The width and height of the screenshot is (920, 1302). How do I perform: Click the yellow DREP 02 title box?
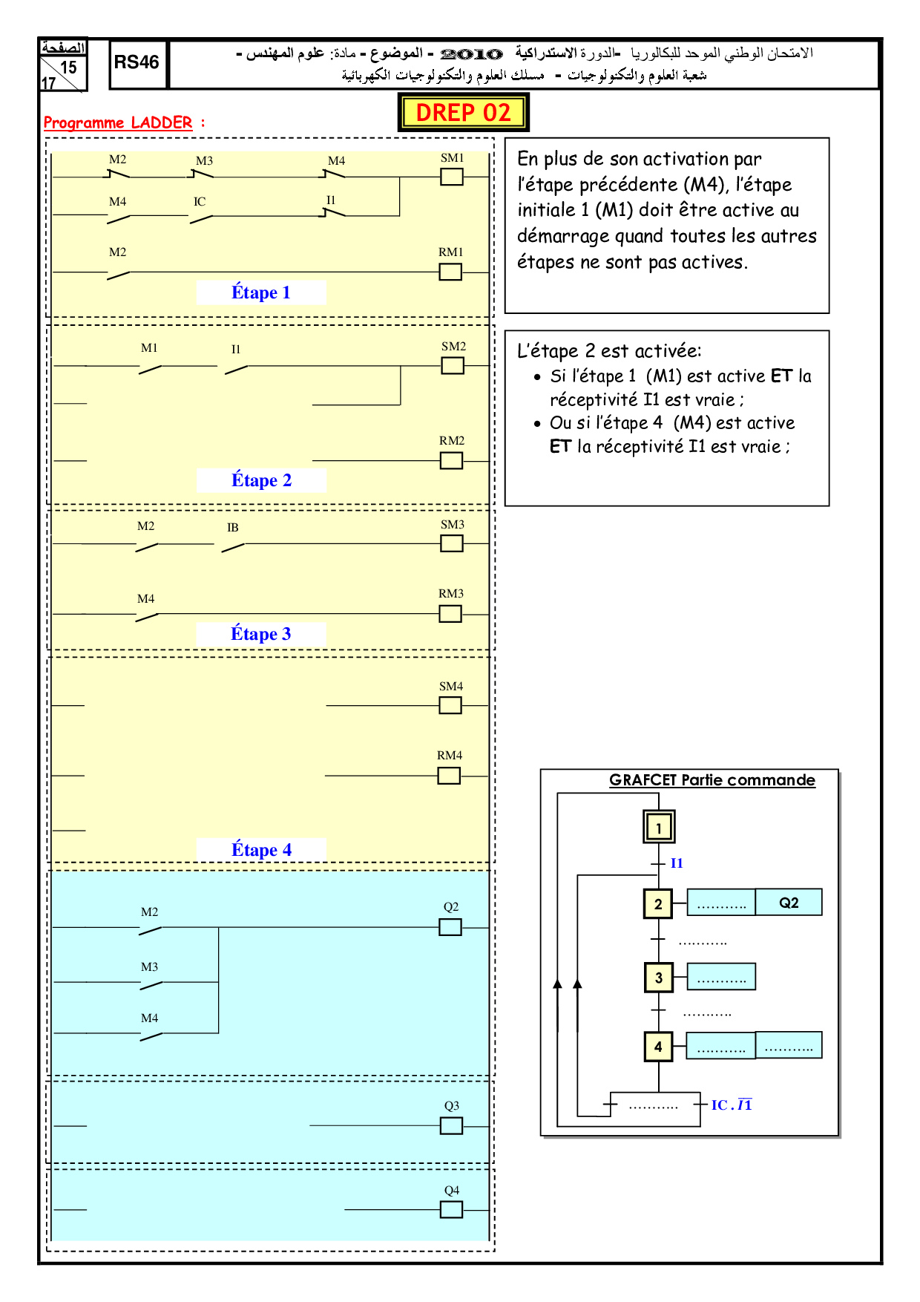click(x=463, y=113)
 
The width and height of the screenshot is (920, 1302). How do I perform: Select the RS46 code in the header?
click(x=137, y=62)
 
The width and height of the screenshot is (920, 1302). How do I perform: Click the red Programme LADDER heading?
click(x=118, y=122)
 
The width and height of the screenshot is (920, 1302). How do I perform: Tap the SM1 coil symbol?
click(x=452, y=177)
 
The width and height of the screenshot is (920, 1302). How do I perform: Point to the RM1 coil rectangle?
click(x=450, y=272)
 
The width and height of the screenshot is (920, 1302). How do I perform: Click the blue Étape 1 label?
click(x=260, y=292)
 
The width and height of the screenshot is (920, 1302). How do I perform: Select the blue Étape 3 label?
click(x=260, y=634)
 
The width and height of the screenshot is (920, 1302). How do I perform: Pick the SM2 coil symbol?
click(x=453, y=366)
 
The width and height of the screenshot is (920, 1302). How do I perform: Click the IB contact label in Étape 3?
click(x=232, y=528)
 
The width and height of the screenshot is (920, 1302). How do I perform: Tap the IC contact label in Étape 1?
click(x=200, y=202)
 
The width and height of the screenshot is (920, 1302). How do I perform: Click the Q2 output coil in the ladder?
click(x=450, y=927)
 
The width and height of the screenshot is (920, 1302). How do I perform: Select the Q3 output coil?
click(x=451, y=1126)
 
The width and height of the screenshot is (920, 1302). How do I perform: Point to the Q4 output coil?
click(x=451, y=1210)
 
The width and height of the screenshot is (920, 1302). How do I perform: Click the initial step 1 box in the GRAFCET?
click(x=658, y=827)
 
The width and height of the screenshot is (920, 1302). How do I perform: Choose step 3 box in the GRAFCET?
click(x=658, y=978)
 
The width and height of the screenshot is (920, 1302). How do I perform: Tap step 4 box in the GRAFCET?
click(x=658, y=1047)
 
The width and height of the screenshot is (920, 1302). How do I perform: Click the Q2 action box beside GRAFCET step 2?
click(x=789, y=903)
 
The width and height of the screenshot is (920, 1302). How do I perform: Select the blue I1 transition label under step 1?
click(x=677, y=863)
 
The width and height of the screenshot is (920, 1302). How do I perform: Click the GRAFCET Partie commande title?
click(x=712, y=780)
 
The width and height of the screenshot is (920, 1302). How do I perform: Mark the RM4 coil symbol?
click(x=449, y=776)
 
